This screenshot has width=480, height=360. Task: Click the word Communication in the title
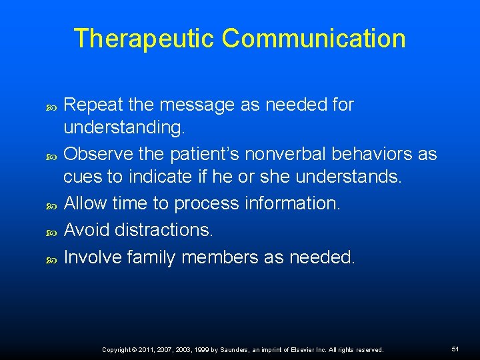point(313,39)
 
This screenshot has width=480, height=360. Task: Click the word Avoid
point(87,229)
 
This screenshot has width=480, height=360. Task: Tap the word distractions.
point(164,229)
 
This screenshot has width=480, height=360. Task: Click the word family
point(154,257)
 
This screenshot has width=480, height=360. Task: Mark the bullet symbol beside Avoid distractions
point(53,231)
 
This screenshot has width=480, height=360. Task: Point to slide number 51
point(455,349)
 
